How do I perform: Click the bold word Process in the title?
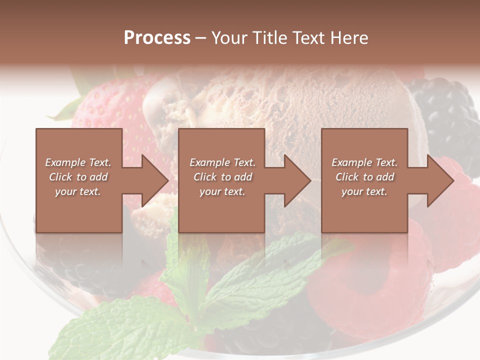157,38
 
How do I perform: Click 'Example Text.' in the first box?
78,162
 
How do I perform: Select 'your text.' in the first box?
78,191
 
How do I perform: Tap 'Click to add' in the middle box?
222,177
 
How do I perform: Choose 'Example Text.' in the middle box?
222,162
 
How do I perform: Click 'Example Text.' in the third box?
364,162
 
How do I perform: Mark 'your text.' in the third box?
364,191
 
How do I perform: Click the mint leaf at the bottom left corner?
110,330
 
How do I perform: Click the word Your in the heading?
228,38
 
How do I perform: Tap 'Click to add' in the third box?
364,177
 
